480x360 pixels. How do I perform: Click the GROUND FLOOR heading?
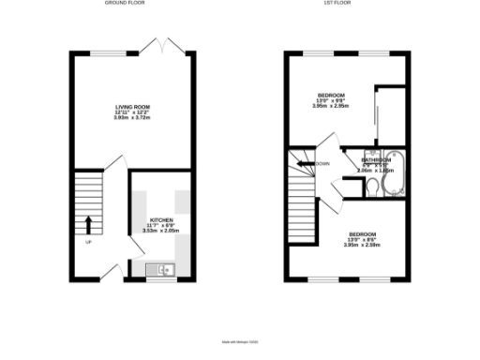coord(129,5)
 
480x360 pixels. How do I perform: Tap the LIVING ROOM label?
coord(131,108)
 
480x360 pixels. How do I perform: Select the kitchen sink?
coord(161,271)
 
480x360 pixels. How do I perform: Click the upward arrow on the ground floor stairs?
coord(89,224)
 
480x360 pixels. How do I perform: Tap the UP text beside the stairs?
coord(89,242)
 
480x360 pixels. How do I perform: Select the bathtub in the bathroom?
coord(393,169)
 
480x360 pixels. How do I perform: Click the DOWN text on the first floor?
coord(322,164)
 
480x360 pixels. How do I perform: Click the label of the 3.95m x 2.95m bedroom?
coord(331,95)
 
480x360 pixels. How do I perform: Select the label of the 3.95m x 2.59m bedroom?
coord(363,233)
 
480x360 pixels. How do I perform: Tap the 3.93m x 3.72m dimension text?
coord(131,119)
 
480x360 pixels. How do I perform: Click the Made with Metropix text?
coord(239,342)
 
